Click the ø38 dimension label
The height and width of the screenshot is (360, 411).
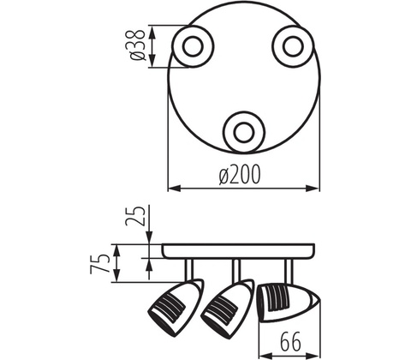[137, 45]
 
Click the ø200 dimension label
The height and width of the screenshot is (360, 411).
[240, 175]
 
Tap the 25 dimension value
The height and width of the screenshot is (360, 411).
[135, 216]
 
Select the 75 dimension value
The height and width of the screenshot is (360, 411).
[99, 264]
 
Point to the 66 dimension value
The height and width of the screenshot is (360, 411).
[290, 341]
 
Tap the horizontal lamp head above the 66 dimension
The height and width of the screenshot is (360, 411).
[289, 303]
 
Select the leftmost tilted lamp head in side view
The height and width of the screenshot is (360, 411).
[176, 309]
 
